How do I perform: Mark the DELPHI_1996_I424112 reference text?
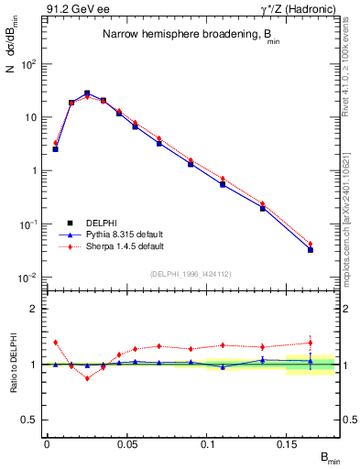[190, 272]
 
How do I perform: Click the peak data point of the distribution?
[87, 93]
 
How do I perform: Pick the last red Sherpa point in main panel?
[311, 244]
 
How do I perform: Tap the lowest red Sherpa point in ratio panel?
[87, 377]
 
